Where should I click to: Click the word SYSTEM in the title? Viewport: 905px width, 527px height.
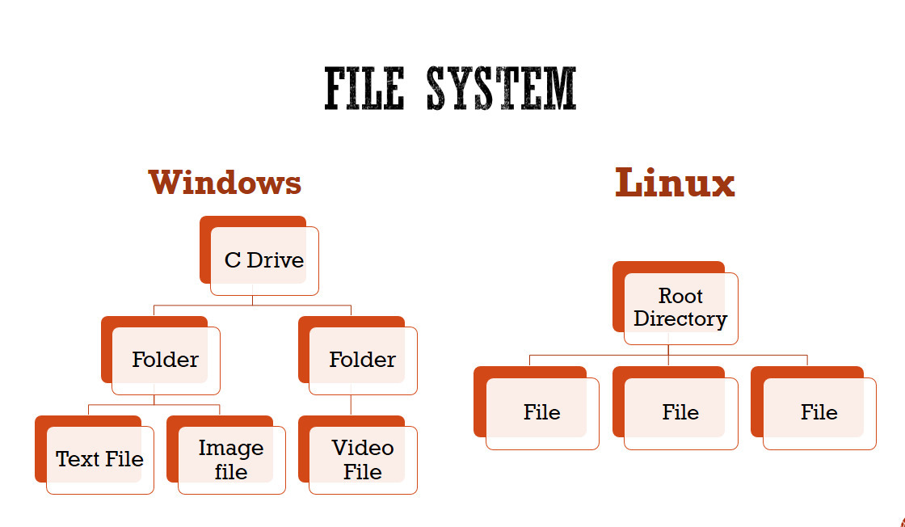tap(501, 88)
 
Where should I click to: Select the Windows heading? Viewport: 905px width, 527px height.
tap(225, 183)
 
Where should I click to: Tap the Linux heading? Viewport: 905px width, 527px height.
tap(675, 183)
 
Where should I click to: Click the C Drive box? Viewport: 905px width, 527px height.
tap(263, 260)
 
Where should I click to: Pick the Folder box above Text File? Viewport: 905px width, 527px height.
tap(165, 360)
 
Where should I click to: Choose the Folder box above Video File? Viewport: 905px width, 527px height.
tap(362, 360)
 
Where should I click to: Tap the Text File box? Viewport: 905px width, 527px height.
tap(99, 459)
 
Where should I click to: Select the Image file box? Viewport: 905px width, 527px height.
tap(231, 459)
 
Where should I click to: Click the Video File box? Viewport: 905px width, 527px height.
tap(362, 459)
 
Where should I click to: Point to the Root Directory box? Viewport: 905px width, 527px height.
tap(680, 308)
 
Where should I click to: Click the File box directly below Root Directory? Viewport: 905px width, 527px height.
tap(680, 412)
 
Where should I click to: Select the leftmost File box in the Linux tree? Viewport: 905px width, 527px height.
tap(541, 412)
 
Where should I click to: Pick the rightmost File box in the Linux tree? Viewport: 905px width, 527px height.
tap(819, 412)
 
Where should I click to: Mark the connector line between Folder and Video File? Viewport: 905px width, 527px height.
tap(351, 406)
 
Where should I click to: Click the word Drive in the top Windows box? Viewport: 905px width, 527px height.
tap(276, 260)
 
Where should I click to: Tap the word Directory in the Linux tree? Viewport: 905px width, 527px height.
tap(680, 319)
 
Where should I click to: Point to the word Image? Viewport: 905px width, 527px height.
tap(231, 448)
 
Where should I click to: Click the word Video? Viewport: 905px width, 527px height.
tap(363, 448)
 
